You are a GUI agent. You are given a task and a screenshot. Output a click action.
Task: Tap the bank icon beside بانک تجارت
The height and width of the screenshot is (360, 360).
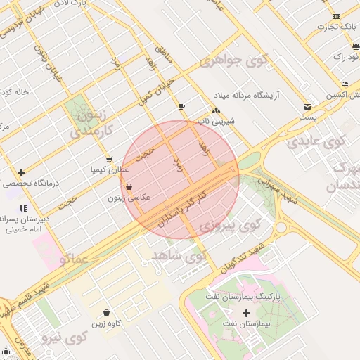click(x=336, y=17)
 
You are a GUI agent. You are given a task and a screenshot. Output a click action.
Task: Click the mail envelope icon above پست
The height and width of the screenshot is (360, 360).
click(x=307, y=107)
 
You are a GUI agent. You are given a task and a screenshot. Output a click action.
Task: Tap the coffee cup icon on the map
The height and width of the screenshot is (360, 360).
click(x=182, y=106)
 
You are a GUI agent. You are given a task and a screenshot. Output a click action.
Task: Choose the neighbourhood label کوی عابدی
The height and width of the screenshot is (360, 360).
click(x=317, y=140)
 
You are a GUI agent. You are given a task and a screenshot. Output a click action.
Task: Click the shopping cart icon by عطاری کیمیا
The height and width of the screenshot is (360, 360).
click(x=108, y=160)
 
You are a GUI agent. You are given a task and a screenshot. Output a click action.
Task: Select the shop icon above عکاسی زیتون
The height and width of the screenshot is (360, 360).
click(x=128, y=187)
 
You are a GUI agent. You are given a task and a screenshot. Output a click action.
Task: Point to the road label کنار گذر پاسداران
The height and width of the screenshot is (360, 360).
click(x=184, y=205)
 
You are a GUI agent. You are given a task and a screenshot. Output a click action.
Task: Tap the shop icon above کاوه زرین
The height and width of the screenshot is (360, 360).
click(x=106, y=312)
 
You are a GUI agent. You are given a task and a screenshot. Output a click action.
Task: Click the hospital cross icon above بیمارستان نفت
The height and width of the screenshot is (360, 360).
click(x=245, y=313)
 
